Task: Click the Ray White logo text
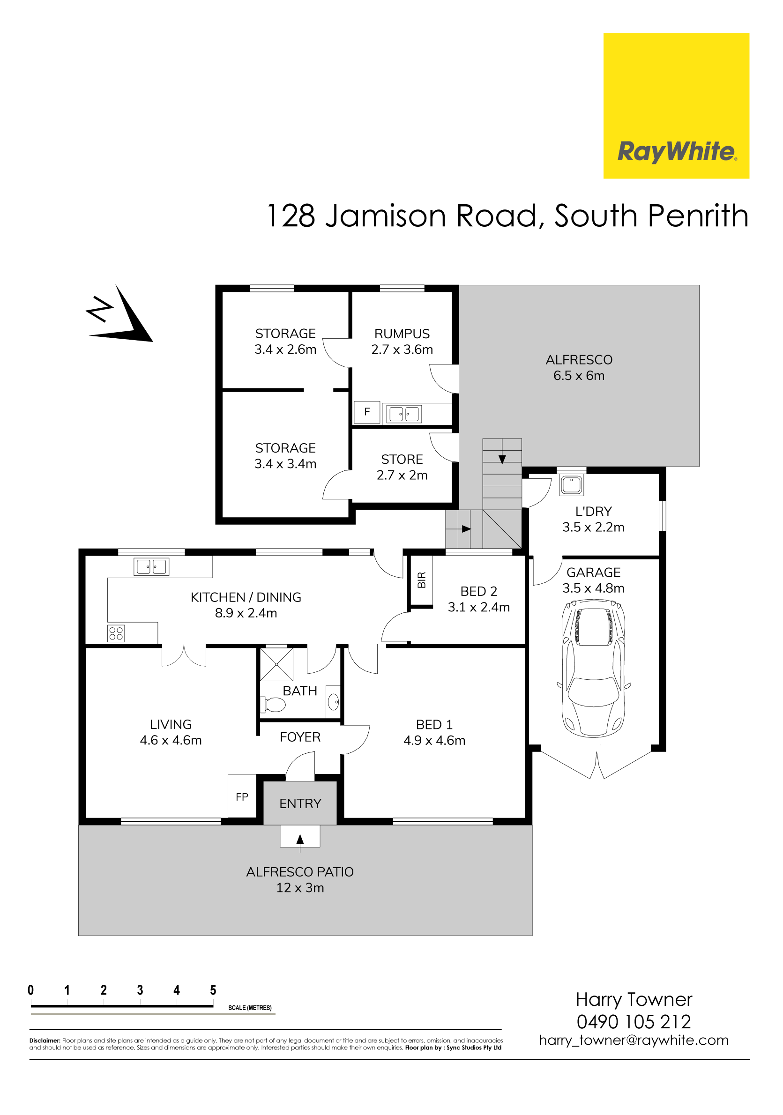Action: (677, 151)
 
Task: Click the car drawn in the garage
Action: (593, 669)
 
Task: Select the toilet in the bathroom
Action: (275, 704)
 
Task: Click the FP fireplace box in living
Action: (242, 797)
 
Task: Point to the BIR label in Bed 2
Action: (421, 580)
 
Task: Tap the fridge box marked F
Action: (367, 412)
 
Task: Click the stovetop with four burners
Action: (116, 633)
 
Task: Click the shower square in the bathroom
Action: (276, 664)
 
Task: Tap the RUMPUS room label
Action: (402, 334)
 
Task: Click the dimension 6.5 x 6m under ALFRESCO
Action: (579, 375)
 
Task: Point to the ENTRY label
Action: (300, 804)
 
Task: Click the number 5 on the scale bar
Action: (213, 990)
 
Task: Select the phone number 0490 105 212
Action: (634, 1022)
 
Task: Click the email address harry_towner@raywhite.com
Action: (634, 1040)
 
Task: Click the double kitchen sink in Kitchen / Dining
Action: (151, 567)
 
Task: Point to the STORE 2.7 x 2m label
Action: (402, 467)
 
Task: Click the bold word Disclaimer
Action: (45, 1041)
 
